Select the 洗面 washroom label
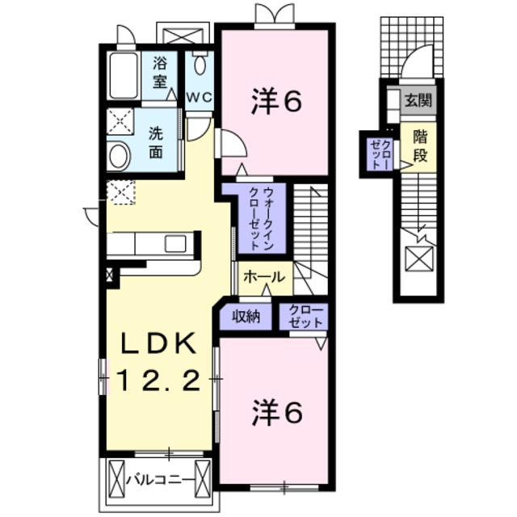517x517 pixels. pyautogui.click(x=157, y=142)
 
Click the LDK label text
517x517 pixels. pyautogui.click(x=159, y=344)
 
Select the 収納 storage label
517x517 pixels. pyautogui.click(x=247, y=317)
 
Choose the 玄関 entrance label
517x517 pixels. pyautogui.click(x=418, y=101)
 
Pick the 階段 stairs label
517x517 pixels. pyautogui.click(x=418, y=145)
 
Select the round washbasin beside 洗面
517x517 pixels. pyautogui.click(x=120, y=156)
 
